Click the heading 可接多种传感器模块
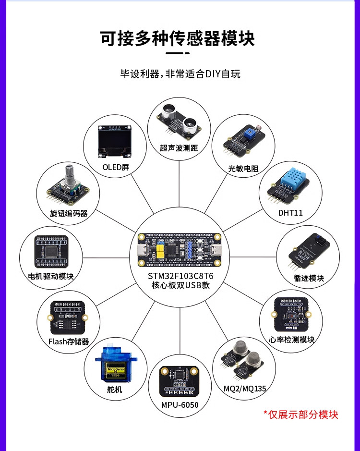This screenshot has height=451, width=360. tap(178, 38)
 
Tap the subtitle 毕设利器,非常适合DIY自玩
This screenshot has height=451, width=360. tap(180, 74)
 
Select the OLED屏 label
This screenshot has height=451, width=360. tap(116, 168)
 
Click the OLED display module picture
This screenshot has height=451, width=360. tap(115, 142)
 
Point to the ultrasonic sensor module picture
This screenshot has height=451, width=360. tap(179, 119)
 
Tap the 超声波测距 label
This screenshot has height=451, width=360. tap(179, 148)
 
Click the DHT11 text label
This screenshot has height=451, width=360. tap(290, 212)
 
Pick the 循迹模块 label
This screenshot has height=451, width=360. tap(309, 278)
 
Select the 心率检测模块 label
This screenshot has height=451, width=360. tap(292, 340)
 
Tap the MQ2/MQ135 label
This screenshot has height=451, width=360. tap(245, 388)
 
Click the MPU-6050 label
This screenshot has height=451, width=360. tap(180, 405)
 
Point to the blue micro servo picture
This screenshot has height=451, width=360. tap(115, 365)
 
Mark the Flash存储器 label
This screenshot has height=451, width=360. tap(69, 341)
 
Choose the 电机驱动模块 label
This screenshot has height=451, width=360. tap(51, 277)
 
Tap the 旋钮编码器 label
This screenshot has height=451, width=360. tap(69, 213)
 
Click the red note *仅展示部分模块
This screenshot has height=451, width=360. tap(301, 414)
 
